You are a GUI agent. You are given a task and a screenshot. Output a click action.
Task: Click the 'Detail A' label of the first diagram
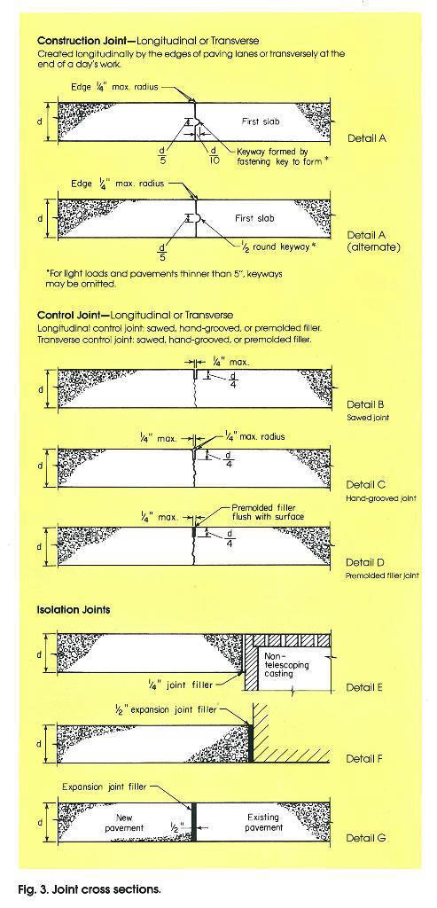366,138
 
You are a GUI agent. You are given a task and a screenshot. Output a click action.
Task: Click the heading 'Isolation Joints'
74,611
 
